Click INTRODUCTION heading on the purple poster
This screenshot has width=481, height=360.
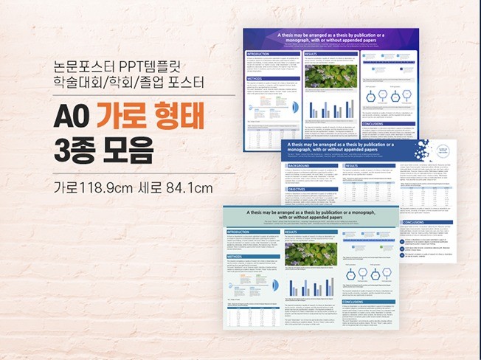pyautogui.click(x=260, y=55)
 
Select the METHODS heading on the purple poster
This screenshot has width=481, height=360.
pyautogui.click(x=255, y=77)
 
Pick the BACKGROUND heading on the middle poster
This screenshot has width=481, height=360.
pyautogui.click(x=303, y=166)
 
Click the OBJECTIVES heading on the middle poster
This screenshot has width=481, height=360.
pyautogui.click(x=302, y=190)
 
